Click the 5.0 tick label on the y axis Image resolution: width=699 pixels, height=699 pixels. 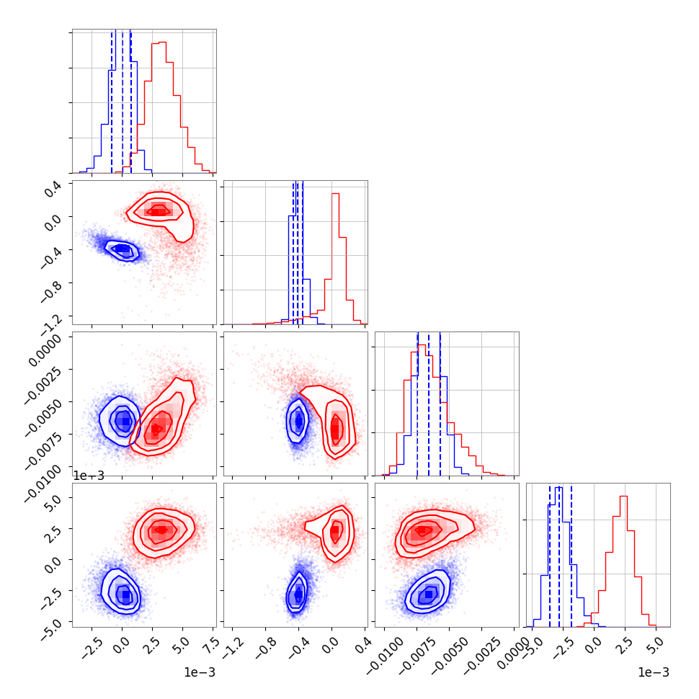click(x=54, y=499)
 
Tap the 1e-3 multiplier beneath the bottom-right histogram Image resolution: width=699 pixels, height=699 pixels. click(x=653, y=672)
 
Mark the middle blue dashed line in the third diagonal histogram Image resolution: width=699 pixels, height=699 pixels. click(x=429, y=404)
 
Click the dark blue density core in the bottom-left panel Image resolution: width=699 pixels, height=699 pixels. click(x=126, y=595)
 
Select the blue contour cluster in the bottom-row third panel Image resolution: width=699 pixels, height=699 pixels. click(x=429, y=594)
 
